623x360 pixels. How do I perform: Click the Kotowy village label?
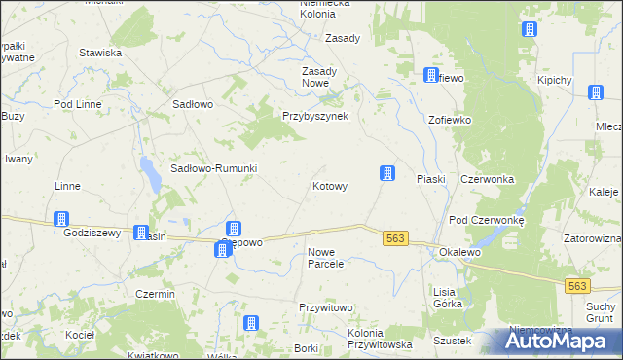pos(329,186)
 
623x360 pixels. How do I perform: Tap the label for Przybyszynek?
pos(321,115)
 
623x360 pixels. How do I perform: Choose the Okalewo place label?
pos(460,252)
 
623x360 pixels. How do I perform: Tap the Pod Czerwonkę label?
pos(486,221)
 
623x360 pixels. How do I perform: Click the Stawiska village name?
pos(100,53)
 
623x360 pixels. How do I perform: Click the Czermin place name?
pos(156,294)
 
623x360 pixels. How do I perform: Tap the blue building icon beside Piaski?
pos(386,173)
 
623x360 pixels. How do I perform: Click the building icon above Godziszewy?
pos(61,219)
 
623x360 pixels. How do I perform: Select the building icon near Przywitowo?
pos(251,323)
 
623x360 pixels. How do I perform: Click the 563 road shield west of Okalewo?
pos(394,239)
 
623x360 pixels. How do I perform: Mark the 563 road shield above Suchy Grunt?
pos(578,285)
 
